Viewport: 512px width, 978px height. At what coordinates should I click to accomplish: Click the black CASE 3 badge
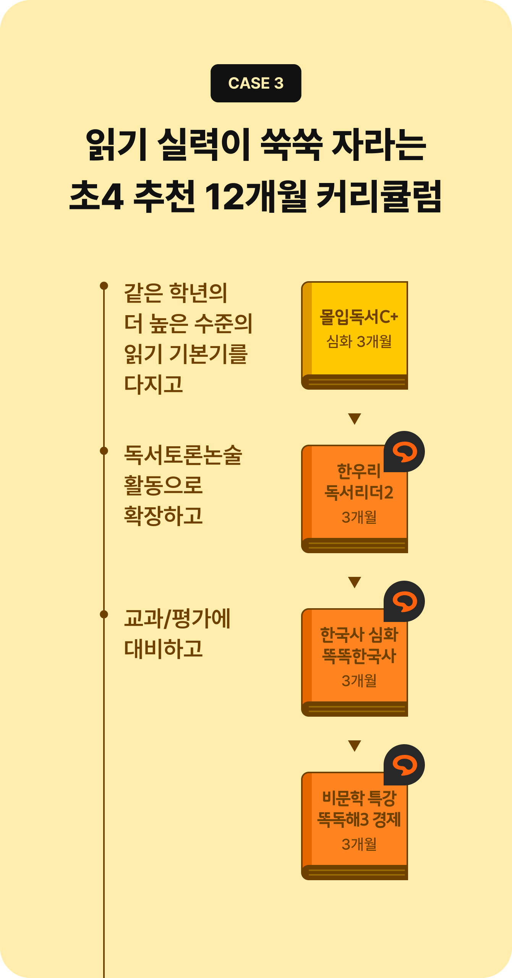(256, 83)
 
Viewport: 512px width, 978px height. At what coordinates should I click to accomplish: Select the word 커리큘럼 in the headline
(379, 196)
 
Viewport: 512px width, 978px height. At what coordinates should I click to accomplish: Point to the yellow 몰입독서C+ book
(355, 335)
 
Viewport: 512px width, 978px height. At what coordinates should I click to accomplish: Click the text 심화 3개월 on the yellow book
(359, 341)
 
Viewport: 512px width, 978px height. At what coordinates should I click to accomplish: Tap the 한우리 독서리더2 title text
(359, 482)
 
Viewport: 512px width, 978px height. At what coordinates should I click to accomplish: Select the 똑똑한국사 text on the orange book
(359, 656)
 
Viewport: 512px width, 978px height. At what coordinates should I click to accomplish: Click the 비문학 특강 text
(359, 798)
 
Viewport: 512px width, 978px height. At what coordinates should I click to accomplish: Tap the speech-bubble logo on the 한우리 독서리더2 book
(404, 452)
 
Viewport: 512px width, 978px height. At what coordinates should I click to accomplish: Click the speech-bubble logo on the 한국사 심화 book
(404, 601)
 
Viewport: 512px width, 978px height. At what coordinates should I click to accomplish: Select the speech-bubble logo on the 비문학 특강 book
(404, 765)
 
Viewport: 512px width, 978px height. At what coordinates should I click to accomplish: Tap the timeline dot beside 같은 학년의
(104, 286)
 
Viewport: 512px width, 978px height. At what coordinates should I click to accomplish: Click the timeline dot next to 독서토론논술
(104, 451)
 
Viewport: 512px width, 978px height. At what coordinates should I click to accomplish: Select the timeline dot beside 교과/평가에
(104, 614)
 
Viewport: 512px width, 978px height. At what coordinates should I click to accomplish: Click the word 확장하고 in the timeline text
(163, 516)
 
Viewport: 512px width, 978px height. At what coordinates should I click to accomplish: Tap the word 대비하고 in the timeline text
(163, 649)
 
